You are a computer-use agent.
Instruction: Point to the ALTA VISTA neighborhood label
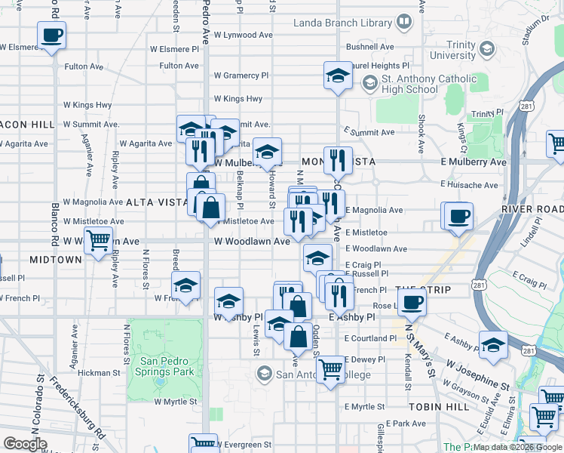156,202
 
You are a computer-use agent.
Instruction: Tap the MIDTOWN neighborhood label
55,260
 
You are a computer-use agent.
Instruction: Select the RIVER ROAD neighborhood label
531,209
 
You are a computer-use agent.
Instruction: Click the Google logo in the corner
25,444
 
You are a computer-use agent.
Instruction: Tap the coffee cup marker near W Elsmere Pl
51,35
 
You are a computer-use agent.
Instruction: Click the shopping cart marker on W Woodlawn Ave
99,242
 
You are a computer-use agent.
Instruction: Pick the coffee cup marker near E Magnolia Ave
458,217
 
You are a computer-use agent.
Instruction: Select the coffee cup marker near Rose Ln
412,303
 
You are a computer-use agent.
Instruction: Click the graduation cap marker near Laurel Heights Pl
338,75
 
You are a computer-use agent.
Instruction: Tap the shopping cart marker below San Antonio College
330,371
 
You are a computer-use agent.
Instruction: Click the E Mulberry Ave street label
474,162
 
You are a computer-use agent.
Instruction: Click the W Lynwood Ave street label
243,35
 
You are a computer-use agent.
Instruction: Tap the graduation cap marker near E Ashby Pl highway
493,345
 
